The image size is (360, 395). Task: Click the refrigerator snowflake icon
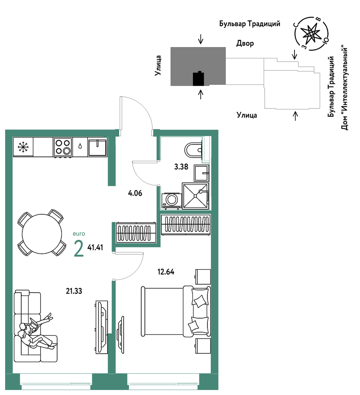coord(23,147)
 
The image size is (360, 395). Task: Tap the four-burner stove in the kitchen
coord(63,147)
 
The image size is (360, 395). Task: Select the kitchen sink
coord(97,147)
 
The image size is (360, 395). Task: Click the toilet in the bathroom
coord(194,150)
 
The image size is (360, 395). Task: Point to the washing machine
coord(172,201)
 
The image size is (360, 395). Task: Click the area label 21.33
coord(74,291)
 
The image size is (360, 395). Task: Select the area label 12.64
coord(166,272)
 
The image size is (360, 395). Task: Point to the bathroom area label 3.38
coord(181,166)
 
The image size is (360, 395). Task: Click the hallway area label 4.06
coord(135,193)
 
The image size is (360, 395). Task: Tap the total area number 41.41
coord(95,247)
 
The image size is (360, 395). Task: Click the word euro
coord(79,234)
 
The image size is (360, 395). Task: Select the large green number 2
coord(79,249)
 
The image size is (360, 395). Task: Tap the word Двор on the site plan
coord(245,43)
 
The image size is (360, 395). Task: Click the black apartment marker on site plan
coord(199,79)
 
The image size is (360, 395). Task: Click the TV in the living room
coord(102,327)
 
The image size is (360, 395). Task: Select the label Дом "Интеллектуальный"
coord(344,88)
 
